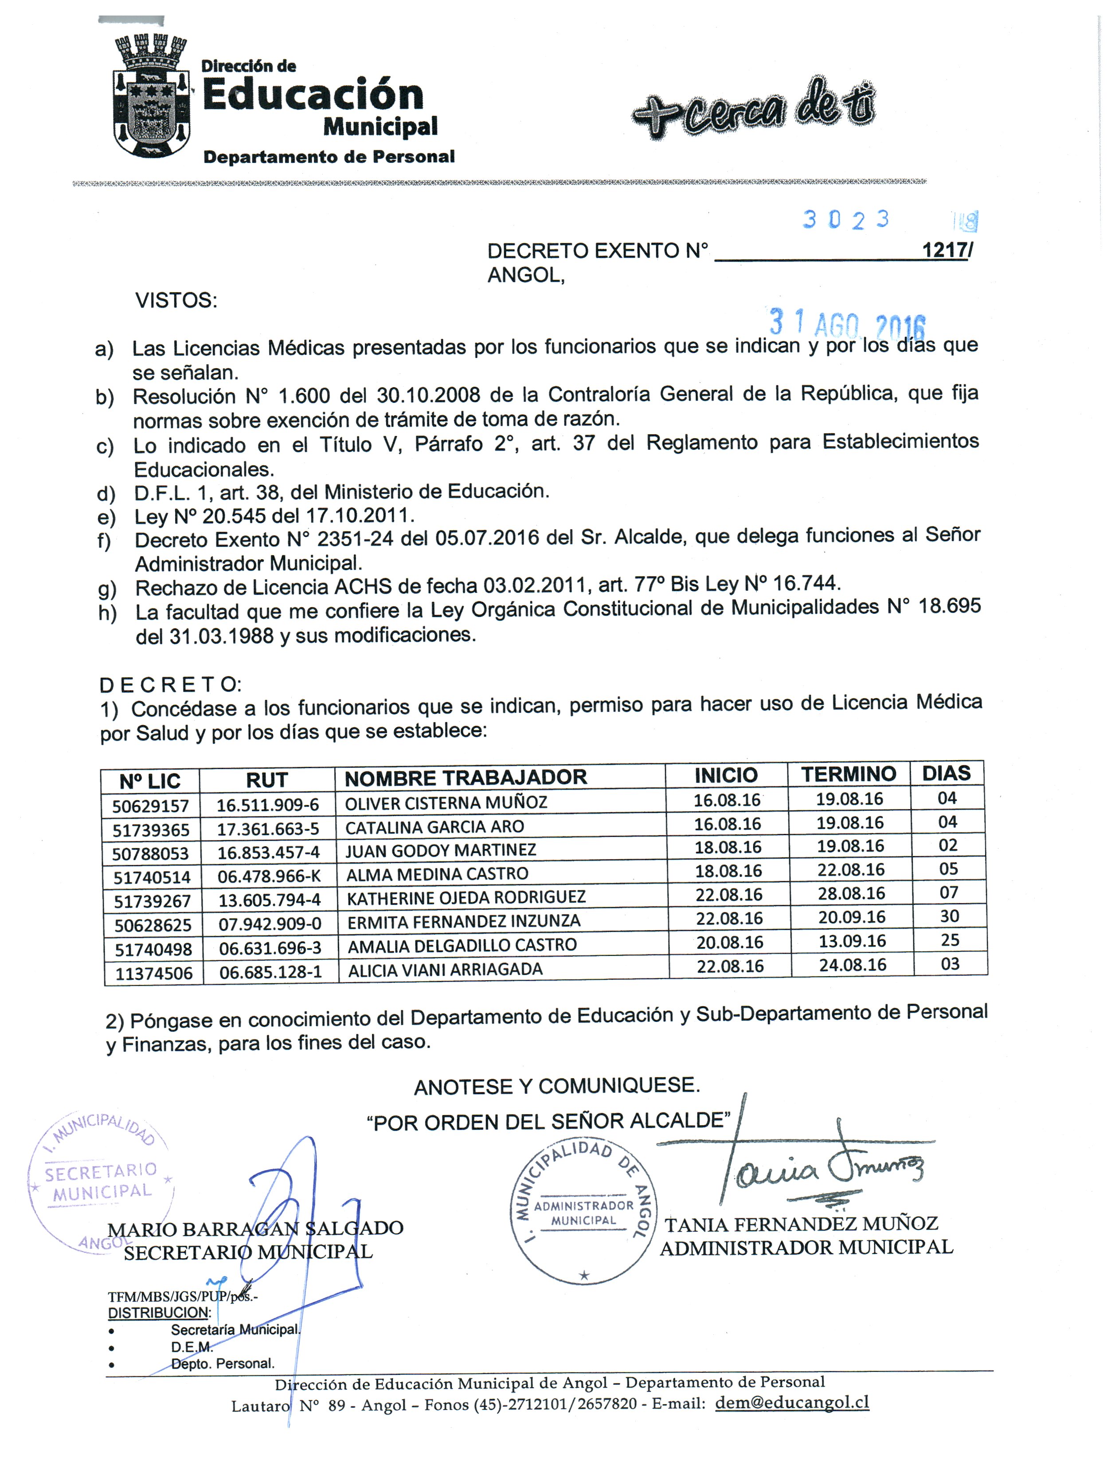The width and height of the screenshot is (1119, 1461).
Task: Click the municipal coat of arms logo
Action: (x=151, y=97)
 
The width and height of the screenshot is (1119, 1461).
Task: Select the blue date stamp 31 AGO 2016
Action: (x=847, y=324)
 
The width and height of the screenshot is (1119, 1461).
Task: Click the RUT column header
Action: (x=266, y=779)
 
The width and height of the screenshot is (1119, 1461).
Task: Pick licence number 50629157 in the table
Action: (x=151, y=806)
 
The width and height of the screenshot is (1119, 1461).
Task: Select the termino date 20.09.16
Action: (x=852, y=917)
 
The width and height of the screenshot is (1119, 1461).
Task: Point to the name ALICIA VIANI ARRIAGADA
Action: (x=445, y=969)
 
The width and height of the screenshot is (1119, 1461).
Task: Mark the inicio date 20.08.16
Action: (x=729, y=942)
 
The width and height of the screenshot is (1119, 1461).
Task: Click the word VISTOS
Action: (x=176, y=300)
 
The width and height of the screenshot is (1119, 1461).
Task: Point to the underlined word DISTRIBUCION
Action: (x=159, y=1312)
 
